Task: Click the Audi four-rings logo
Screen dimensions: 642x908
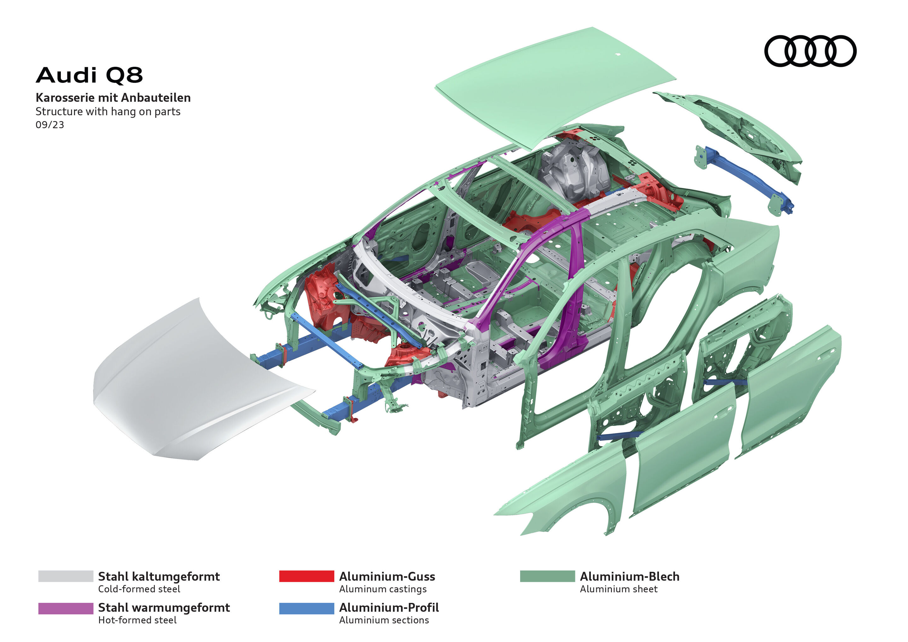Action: [x=810, y=51]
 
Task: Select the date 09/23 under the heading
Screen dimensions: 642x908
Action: [x=50, y=125]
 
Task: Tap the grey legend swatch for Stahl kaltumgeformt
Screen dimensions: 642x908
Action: [x=66, y=576]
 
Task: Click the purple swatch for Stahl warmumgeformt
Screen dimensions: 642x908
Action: [x=66, y=608]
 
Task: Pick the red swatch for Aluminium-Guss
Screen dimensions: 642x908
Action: [x=306, y=576]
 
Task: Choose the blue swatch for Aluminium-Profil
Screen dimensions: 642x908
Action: [x=306, y=608]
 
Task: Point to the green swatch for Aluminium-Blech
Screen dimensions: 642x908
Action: [x=547, y=576]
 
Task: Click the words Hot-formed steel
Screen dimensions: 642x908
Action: [x=137, y=620]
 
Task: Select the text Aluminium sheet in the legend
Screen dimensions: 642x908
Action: [x=618, y=589]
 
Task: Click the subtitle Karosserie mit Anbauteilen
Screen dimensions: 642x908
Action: [x=113, y=98]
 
